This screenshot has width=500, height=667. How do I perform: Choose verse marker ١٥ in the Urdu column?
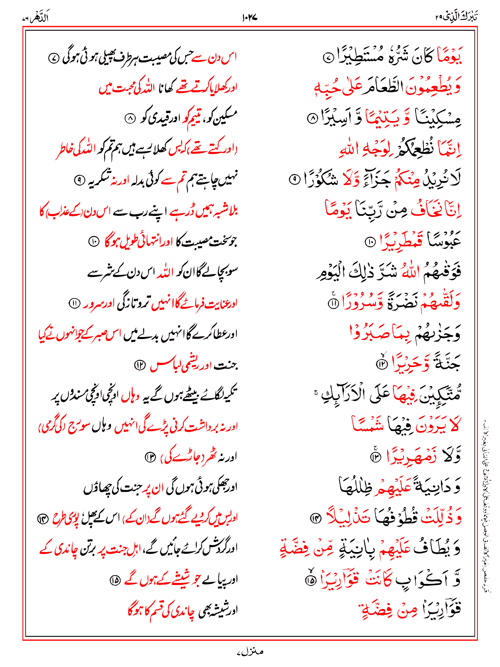115,580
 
